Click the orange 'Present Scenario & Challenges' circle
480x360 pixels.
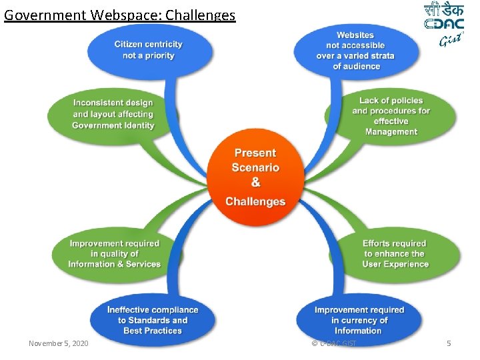[x=255, y=177]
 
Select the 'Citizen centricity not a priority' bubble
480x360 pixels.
[x=148, y=49]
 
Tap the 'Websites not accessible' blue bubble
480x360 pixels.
[x=355, y=50]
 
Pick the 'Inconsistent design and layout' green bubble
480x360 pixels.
[x=113, y=114]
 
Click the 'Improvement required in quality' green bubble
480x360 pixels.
[x=115, y=254]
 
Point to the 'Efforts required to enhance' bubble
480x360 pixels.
[x=395, y=254]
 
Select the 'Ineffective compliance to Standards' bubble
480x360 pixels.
[x=153, y=320]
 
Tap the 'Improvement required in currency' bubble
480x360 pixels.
[x=359, y=320]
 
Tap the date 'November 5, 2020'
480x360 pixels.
[x=59, y=343]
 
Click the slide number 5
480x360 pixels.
[x=449, y=343]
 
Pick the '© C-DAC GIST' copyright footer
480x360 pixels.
[x=333, y=343]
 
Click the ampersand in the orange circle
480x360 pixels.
[x=255, y=183]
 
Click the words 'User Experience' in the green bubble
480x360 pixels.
[x=395, y=264]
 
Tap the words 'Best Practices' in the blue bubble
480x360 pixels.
[x=153, y=331]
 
